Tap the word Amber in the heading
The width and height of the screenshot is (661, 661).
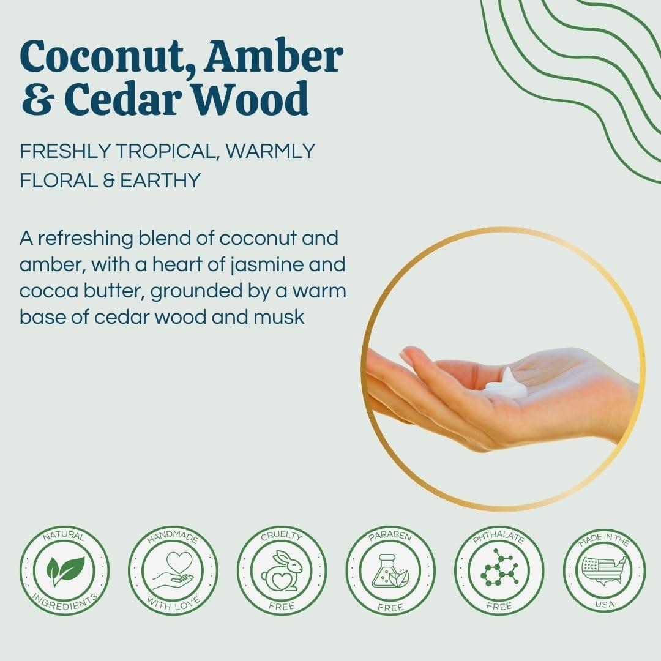274,56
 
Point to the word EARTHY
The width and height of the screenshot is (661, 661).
160,181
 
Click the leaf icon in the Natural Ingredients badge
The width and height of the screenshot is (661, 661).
65,570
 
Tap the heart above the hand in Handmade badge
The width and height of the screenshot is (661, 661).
179,561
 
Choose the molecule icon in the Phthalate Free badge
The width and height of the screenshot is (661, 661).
499,567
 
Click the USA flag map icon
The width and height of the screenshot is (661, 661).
604,570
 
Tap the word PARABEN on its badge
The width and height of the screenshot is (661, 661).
390,538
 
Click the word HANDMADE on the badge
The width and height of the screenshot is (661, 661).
173,537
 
